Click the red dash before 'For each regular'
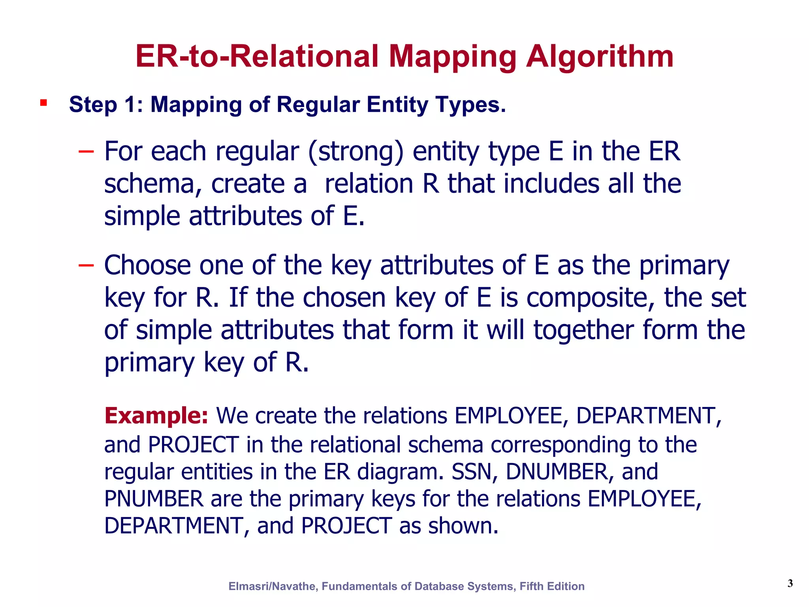[x=86, y=151]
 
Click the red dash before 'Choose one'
[x=86, y=265]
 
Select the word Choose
[x=147, y=265]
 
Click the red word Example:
[x=156, y=416]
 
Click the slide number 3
[x=790, y=583]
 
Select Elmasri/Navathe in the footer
[x=273, y=586]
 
